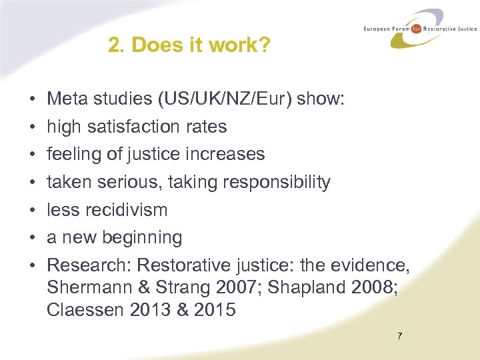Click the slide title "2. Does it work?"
click(x=189, y=45)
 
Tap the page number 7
click(x=399, y=336)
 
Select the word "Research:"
click(x=89, y=265)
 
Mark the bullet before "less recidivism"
click(x=32, y=210)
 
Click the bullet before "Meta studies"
click(x=32, y=99)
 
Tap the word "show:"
click(x=321, y=99)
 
